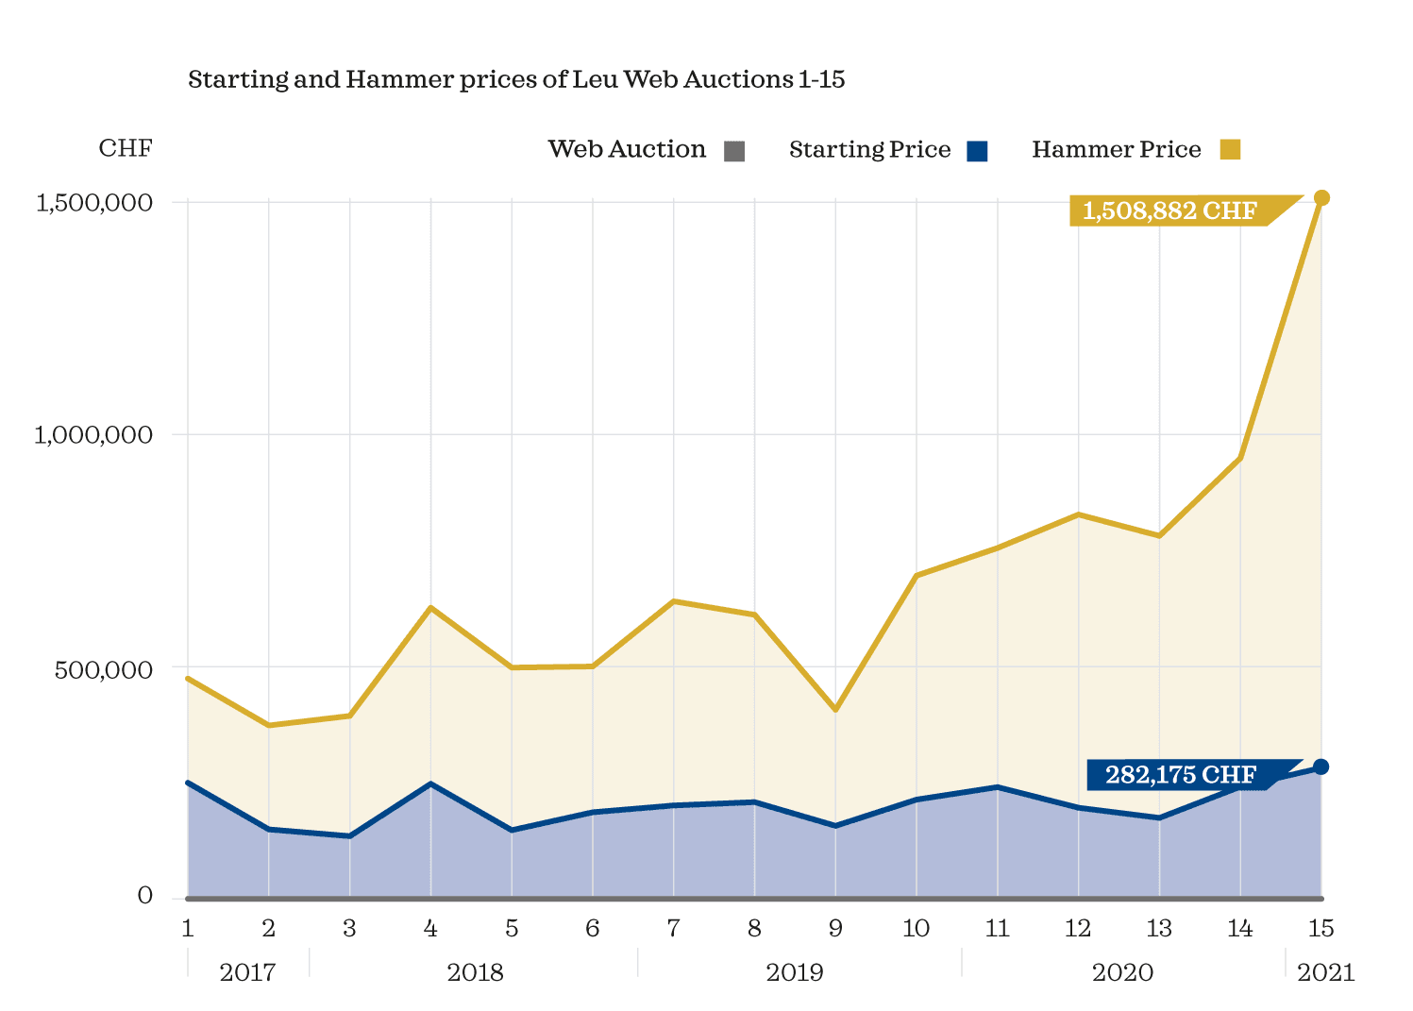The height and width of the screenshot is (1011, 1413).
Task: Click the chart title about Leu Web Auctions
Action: [x=516, y=79]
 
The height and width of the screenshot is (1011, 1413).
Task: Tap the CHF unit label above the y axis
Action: [x=126, y=149]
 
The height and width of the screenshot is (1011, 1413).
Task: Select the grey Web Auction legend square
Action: [x=734, y=151]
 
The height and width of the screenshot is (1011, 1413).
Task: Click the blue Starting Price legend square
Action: [x=977, y=151]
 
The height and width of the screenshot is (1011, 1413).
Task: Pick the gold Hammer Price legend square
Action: [x=1230, y=150]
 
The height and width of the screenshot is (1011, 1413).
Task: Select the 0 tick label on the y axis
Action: [x=144, y=896]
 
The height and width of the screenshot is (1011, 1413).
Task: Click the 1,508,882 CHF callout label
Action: [x=1169, y=211]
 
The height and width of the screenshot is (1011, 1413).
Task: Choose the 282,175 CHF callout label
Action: [x=1181, y=775]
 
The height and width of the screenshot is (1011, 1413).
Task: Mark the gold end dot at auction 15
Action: [x=1321, y=197]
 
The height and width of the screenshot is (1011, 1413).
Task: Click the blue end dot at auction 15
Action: [x=1321, y=767]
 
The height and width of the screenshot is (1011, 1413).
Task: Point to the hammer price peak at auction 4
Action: [x=430, y=607]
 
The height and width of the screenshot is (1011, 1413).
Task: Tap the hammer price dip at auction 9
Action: [x=835, y=709]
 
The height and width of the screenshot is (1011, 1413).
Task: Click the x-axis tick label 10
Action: [x=916, y=929]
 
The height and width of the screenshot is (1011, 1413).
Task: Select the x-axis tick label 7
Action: [x=673, y=929]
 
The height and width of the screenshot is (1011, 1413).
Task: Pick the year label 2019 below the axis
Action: [x=795, y=972]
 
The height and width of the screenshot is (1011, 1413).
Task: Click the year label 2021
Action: [x=1325, y=972]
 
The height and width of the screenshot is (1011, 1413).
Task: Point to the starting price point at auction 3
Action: [x=349, y=836]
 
